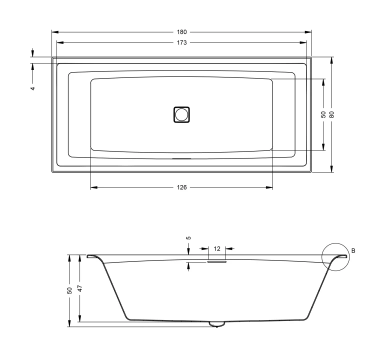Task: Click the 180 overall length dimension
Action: click(182, 32)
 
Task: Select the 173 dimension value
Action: click(182, 43)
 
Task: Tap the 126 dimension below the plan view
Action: click(182, 187)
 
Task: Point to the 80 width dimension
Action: click(331, 114)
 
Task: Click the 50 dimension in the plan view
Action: click(323, 114)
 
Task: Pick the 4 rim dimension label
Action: click(33, 88)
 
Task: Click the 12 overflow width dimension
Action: click(217, 249)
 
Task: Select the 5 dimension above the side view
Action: click(188, 238)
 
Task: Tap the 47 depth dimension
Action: click(80, 288)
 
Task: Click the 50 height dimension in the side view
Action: click(69, 290)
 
